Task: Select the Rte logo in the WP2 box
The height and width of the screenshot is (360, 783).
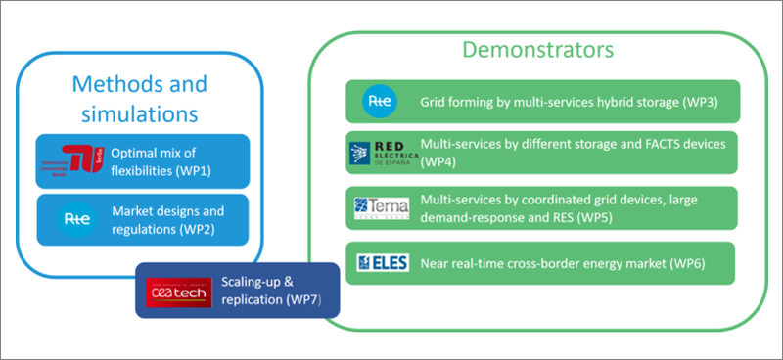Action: tap(74, 220)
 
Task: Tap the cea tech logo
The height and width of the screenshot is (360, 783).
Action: tap(172, 291)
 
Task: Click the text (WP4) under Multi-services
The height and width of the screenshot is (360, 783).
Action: tap(438, 162)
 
